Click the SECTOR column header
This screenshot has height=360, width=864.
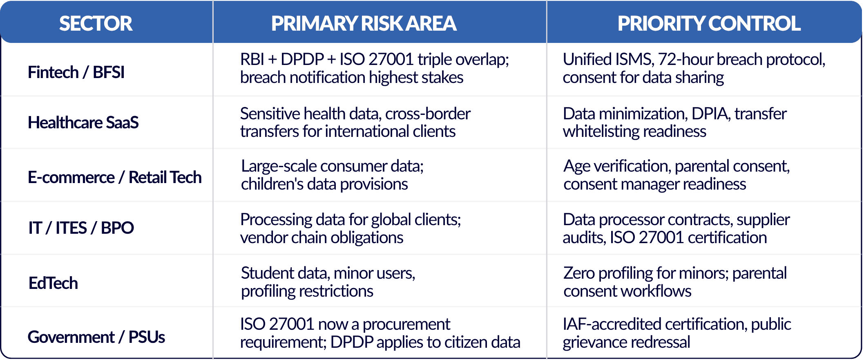click(x=96, y=23)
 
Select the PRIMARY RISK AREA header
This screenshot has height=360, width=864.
click(x=364, y=23)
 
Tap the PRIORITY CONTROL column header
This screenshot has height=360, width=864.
click(x=709, y=23)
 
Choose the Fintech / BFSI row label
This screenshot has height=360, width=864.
click(x=76, y=72)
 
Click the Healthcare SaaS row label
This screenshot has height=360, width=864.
click(x=83, y=123)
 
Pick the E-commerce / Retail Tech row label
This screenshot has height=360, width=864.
click(x=115, y=177)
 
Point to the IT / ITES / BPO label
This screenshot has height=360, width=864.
click(x=81, y=228)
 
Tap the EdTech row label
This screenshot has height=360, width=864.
click(x=53, y=283)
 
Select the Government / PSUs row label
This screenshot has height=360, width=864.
click(x=96, y=337)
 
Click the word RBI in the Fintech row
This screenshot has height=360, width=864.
click(x=252, y=60)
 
